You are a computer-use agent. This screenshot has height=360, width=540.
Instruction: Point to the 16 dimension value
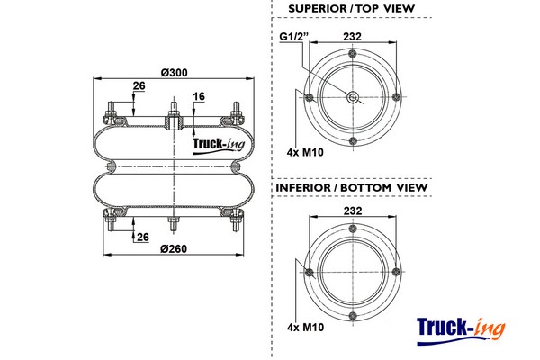199,95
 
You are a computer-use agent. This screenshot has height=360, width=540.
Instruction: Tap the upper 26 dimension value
139,86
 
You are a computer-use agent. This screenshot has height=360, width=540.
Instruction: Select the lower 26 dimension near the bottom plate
141,237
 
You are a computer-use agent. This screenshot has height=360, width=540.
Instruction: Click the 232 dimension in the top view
352,36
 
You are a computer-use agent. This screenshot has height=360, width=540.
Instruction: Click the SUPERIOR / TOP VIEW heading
351,8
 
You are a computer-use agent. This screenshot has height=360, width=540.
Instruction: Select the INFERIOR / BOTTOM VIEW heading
351,187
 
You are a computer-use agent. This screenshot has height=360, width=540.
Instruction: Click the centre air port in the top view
352,98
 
